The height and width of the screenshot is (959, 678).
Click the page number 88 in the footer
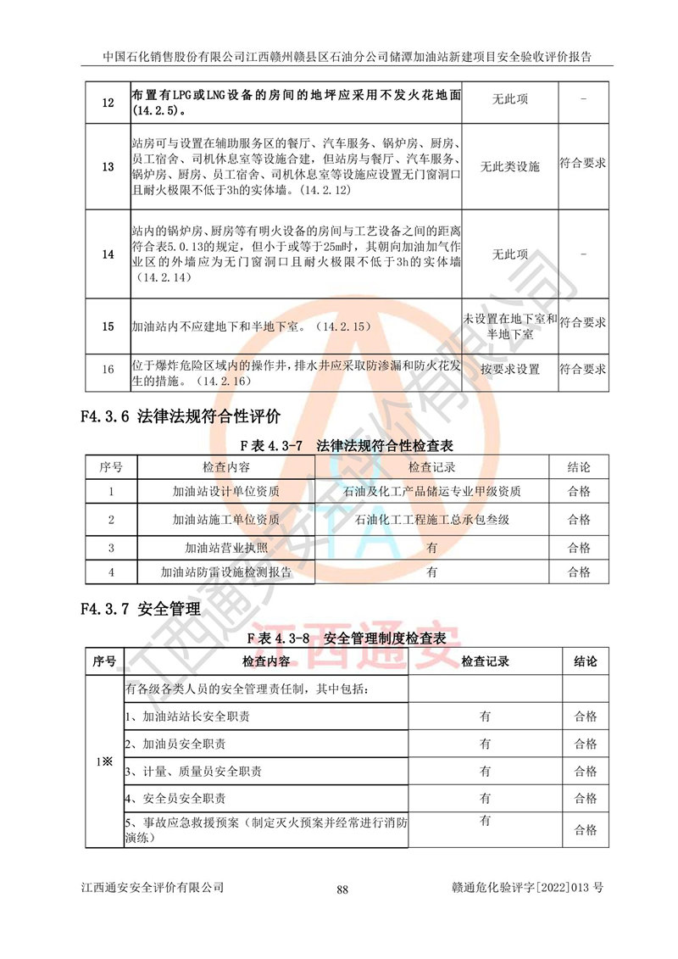(x=342, y=889)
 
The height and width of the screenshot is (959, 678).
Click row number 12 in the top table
(x=108, y=103)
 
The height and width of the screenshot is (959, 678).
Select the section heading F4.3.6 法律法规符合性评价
(x=181, y=417)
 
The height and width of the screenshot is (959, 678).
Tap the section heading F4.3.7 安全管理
(x=140, y=608)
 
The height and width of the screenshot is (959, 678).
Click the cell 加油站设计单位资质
(x=225, y=492)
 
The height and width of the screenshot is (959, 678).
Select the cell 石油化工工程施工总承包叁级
(x=431, y=519)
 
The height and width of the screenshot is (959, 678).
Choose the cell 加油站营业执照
(x=225, y=547)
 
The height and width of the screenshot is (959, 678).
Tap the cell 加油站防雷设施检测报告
(x=225, y=572)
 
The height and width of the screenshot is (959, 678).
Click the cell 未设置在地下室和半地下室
(x=509, y=326)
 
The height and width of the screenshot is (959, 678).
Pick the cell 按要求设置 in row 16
(x=509, y=370)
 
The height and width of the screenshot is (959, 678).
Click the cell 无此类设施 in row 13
(x=509, y=167)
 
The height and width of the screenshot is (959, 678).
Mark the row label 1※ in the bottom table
(x=104, y=760)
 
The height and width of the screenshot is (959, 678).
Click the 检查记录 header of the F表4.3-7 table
(x=431, y=467)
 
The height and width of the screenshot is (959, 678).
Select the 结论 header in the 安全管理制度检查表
(x=585, y=661)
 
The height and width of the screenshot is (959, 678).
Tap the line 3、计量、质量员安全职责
(x=193, y=772)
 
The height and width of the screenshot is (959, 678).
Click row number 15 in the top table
(x=108, y=326)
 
